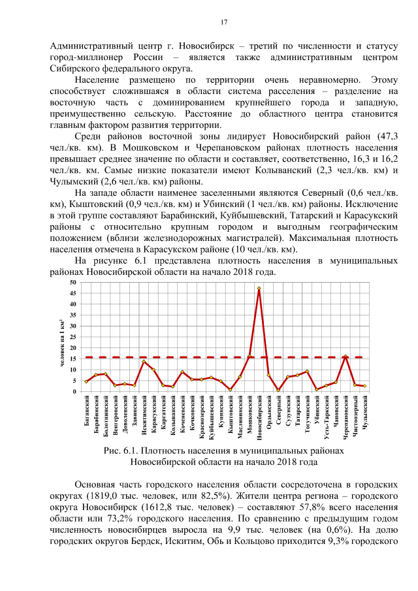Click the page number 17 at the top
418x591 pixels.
pyautogui.click(x=223, y=23)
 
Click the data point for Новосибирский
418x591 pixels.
pyautogui.click(x=259, y=288)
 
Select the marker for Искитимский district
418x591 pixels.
pyautogui.click(x=144, y=362)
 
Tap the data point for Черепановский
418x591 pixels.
pyautogui.click(x=345, y=357)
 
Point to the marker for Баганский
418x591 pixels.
pyautogui.click(x=86, y=381)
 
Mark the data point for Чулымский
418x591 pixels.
pyautogui.click(x=364, y=386)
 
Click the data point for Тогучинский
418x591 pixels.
pyautogui.click(x=306, y=372)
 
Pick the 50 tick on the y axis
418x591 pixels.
pyautogui.click(x=73, y=282)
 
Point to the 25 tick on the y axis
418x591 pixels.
pyautogui.click(x=73, y=337)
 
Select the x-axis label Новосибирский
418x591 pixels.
pyautogui.click(x=259, y=417)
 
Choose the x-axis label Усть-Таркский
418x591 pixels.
pyautogui.click(x=326, y=414)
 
